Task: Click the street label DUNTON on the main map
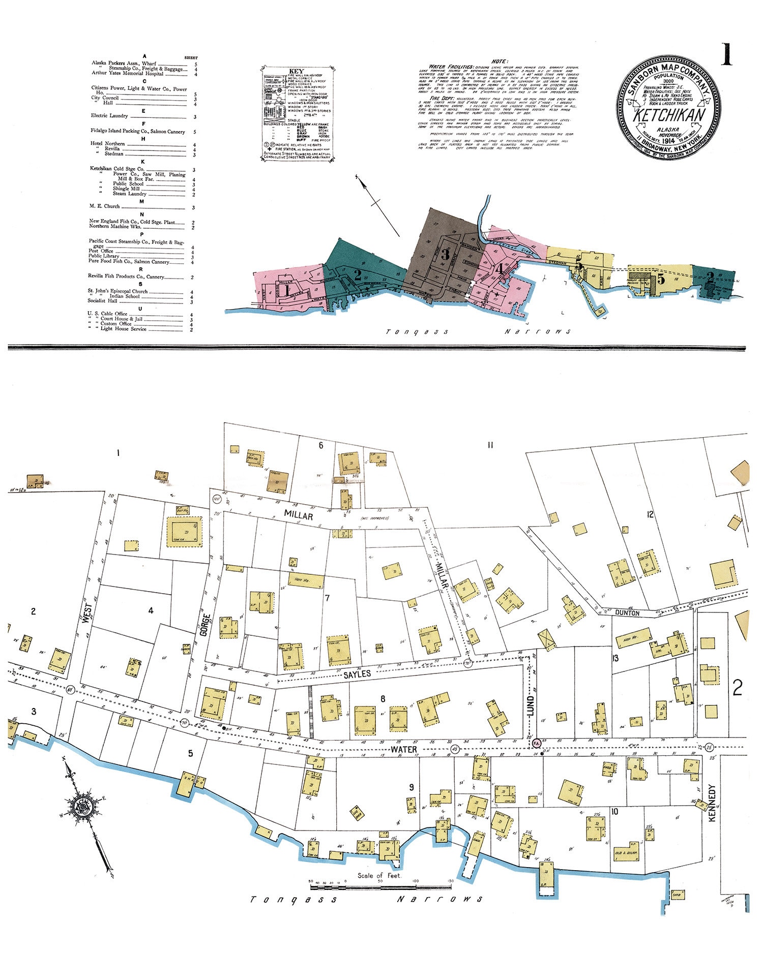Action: (x=627, y=613)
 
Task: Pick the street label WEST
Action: (x=87, y=613)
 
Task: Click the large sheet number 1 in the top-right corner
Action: (x=726, y=55)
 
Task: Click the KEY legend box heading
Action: (x=296, y=72)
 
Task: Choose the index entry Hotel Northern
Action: (x=108, y=144)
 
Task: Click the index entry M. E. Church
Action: (x=104, y=206)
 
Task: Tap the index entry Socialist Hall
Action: (x=103, y=301)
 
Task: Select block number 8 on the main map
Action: (x=383, y=699)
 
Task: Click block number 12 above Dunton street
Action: (x=650, y=514)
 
